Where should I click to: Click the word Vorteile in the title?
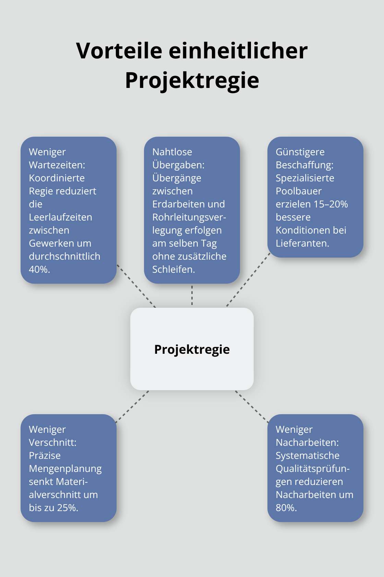[x=119, y=51]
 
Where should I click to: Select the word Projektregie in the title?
[x=192, y=80]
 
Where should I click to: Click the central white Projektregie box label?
[x=192, y=349]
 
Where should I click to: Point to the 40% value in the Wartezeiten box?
[x=39, y=270]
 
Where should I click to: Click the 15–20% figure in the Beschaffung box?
[x=331, y=204]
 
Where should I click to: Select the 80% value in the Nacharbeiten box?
[x=286, y=508]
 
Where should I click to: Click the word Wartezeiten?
[x=57, y=165]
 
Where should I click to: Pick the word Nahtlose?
[x=172, y=152]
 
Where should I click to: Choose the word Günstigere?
[x=300, y=152]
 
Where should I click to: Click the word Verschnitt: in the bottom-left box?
[x=52, y=442]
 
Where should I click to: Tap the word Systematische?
[x=308, y=455]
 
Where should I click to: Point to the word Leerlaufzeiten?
[x=60, y=217]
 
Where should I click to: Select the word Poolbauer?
[x=299, y=191]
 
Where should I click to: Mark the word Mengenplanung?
[x=65, y=468]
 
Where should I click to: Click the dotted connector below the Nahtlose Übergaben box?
[x=192, y=295]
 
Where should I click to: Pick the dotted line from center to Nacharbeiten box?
[x=252, y=406]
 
